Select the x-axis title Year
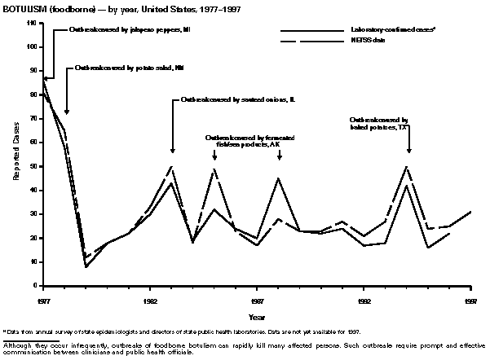coord(256,316)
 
